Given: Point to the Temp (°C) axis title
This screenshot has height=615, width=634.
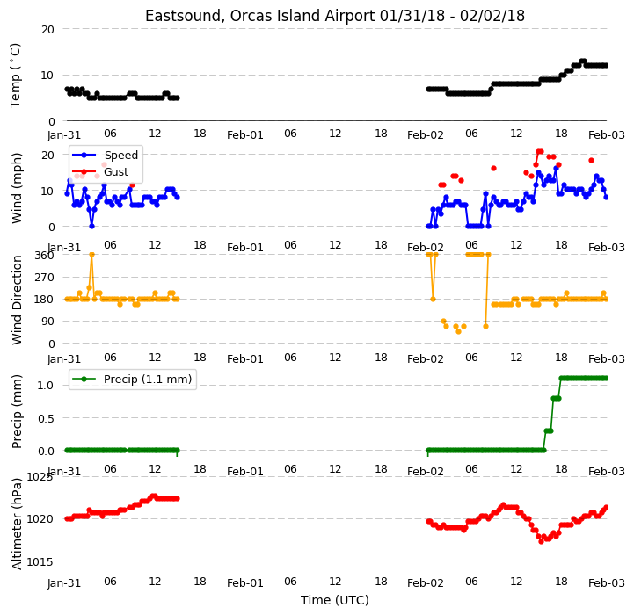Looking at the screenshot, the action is point(15,76).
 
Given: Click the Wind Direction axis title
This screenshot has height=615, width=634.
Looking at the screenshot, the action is point(17,300).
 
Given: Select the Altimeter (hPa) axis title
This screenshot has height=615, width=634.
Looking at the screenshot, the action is point(17,524).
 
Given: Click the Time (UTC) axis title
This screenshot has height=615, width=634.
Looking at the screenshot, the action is point(335,600).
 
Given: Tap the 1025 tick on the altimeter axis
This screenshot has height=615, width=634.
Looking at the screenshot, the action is point(40,477).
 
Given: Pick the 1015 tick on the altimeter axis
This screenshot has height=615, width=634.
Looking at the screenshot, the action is point(40,561).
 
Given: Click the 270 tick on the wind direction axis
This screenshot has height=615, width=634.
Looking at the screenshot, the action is point(45,278).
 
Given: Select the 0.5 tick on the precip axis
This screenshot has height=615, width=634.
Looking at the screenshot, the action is point(46,418).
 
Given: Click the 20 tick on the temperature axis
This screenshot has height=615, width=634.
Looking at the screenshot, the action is point(47,29).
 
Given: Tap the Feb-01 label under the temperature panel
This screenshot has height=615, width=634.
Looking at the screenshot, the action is point(245,135).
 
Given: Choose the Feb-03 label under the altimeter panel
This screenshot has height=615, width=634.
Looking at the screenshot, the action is point(607,583).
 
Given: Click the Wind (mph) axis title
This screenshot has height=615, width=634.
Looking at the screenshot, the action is point(17,188).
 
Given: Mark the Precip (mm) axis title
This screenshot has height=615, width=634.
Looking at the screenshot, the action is point(17,412).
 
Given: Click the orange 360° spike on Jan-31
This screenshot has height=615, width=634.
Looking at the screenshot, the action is point(91,255).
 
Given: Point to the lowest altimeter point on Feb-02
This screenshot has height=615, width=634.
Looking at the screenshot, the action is point(541,541).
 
